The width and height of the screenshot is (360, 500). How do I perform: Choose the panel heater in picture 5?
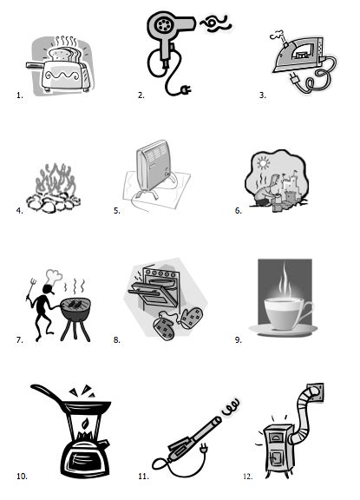[x=160, y=176]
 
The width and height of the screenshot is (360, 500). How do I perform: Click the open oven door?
[x=151, y=299]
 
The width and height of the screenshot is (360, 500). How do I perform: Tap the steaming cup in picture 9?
[x=283, y=310]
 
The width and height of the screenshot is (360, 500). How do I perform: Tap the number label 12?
[x=247, y=476]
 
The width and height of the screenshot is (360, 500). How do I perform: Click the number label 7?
[x=19, y=340]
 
